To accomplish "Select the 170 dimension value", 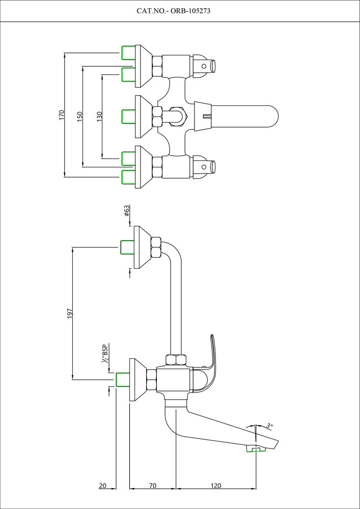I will pyautogui.click(x=62, y=115).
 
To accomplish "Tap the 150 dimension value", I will pyautogui.click(x=79, y=117).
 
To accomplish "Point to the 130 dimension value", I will pyautogui.click(x=99, y=117).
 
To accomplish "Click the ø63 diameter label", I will pyautogui.click(x=127, y=211).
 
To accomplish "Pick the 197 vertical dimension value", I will pyautogui.click(x=70, y=314).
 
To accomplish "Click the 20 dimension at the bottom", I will pyautogui.click(x=103, y=486).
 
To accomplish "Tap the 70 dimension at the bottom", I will pyautogui.click(x=153, y=486).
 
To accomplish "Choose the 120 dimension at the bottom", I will pyautogui.click(x=216, y=486).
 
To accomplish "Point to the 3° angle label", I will pyautogui.click(x=270, y=426).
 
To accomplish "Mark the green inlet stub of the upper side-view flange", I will pyautogui.click(x=126, y=247).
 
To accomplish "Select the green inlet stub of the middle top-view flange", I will pyautogui.click(x=128, y=117).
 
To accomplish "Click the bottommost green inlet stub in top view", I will pyautogui.click(x=128, y=177).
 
